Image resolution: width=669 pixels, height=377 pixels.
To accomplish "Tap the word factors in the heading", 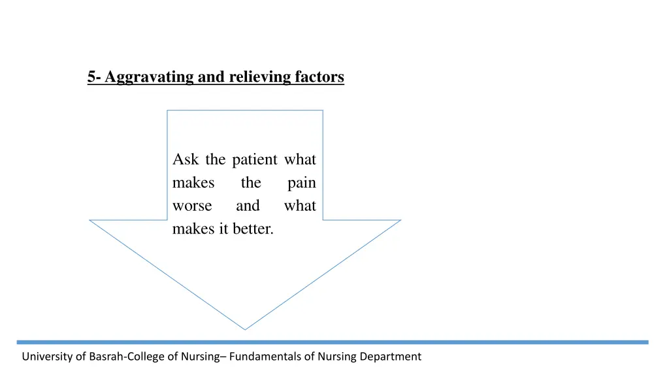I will [319, 77].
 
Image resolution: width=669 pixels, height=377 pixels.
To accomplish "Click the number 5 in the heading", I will [91, 77].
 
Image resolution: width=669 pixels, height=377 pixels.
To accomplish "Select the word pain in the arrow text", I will [301, 183].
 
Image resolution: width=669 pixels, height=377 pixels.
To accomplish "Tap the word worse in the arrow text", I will [192, 206].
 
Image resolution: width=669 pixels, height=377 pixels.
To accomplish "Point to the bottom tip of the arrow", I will [245, 329].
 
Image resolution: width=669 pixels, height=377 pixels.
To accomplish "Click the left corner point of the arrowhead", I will [90, 220].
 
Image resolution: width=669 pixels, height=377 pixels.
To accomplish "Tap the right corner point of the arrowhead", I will [400, 220].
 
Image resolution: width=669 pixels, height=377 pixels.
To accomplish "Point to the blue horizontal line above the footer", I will [333, 342].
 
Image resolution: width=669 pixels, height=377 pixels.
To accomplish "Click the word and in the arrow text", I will [248, 206].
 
